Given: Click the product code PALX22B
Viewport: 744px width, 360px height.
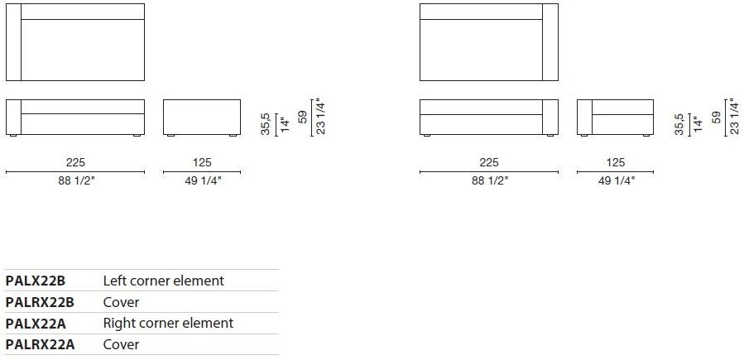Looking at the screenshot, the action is pyautogui.click(x=35, y=281).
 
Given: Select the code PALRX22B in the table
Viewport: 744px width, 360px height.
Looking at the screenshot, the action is pyautogui.click(x=40, y=302).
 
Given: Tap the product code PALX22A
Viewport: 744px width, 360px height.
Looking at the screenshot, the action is pyautogui.click(x=36, y=324).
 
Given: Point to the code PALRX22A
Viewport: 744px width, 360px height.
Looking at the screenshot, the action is pyautogui.click(x=41, y=344).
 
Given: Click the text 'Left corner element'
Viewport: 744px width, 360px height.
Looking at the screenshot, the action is pyautogui.click(x=163, y=281).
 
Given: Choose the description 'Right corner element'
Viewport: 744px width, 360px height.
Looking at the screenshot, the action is pyautogui.click(x=169, y=324).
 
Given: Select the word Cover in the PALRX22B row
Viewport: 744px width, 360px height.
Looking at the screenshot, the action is pyautogui.click(x=121, y=302).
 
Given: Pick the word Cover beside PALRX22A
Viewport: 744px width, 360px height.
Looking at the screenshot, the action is pyautogui.click(x=121, y=344).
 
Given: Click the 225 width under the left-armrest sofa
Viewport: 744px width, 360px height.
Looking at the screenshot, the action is pyautogui.click(x=75, y=163).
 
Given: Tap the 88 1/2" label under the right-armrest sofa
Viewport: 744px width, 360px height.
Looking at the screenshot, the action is pyautogui.click(x=490, y=180).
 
